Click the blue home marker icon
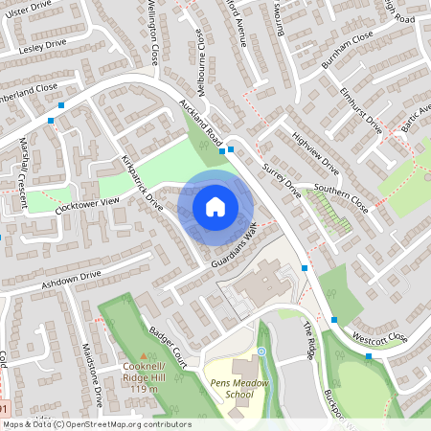(x=215, y=206)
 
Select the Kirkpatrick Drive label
(x=142, y=181)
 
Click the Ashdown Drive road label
(x=70, y=280)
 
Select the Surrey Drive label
(x=283, y=180)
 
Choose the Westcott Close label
(x=379, y=338)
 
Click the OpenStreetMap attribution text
(x=96, y=423)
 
